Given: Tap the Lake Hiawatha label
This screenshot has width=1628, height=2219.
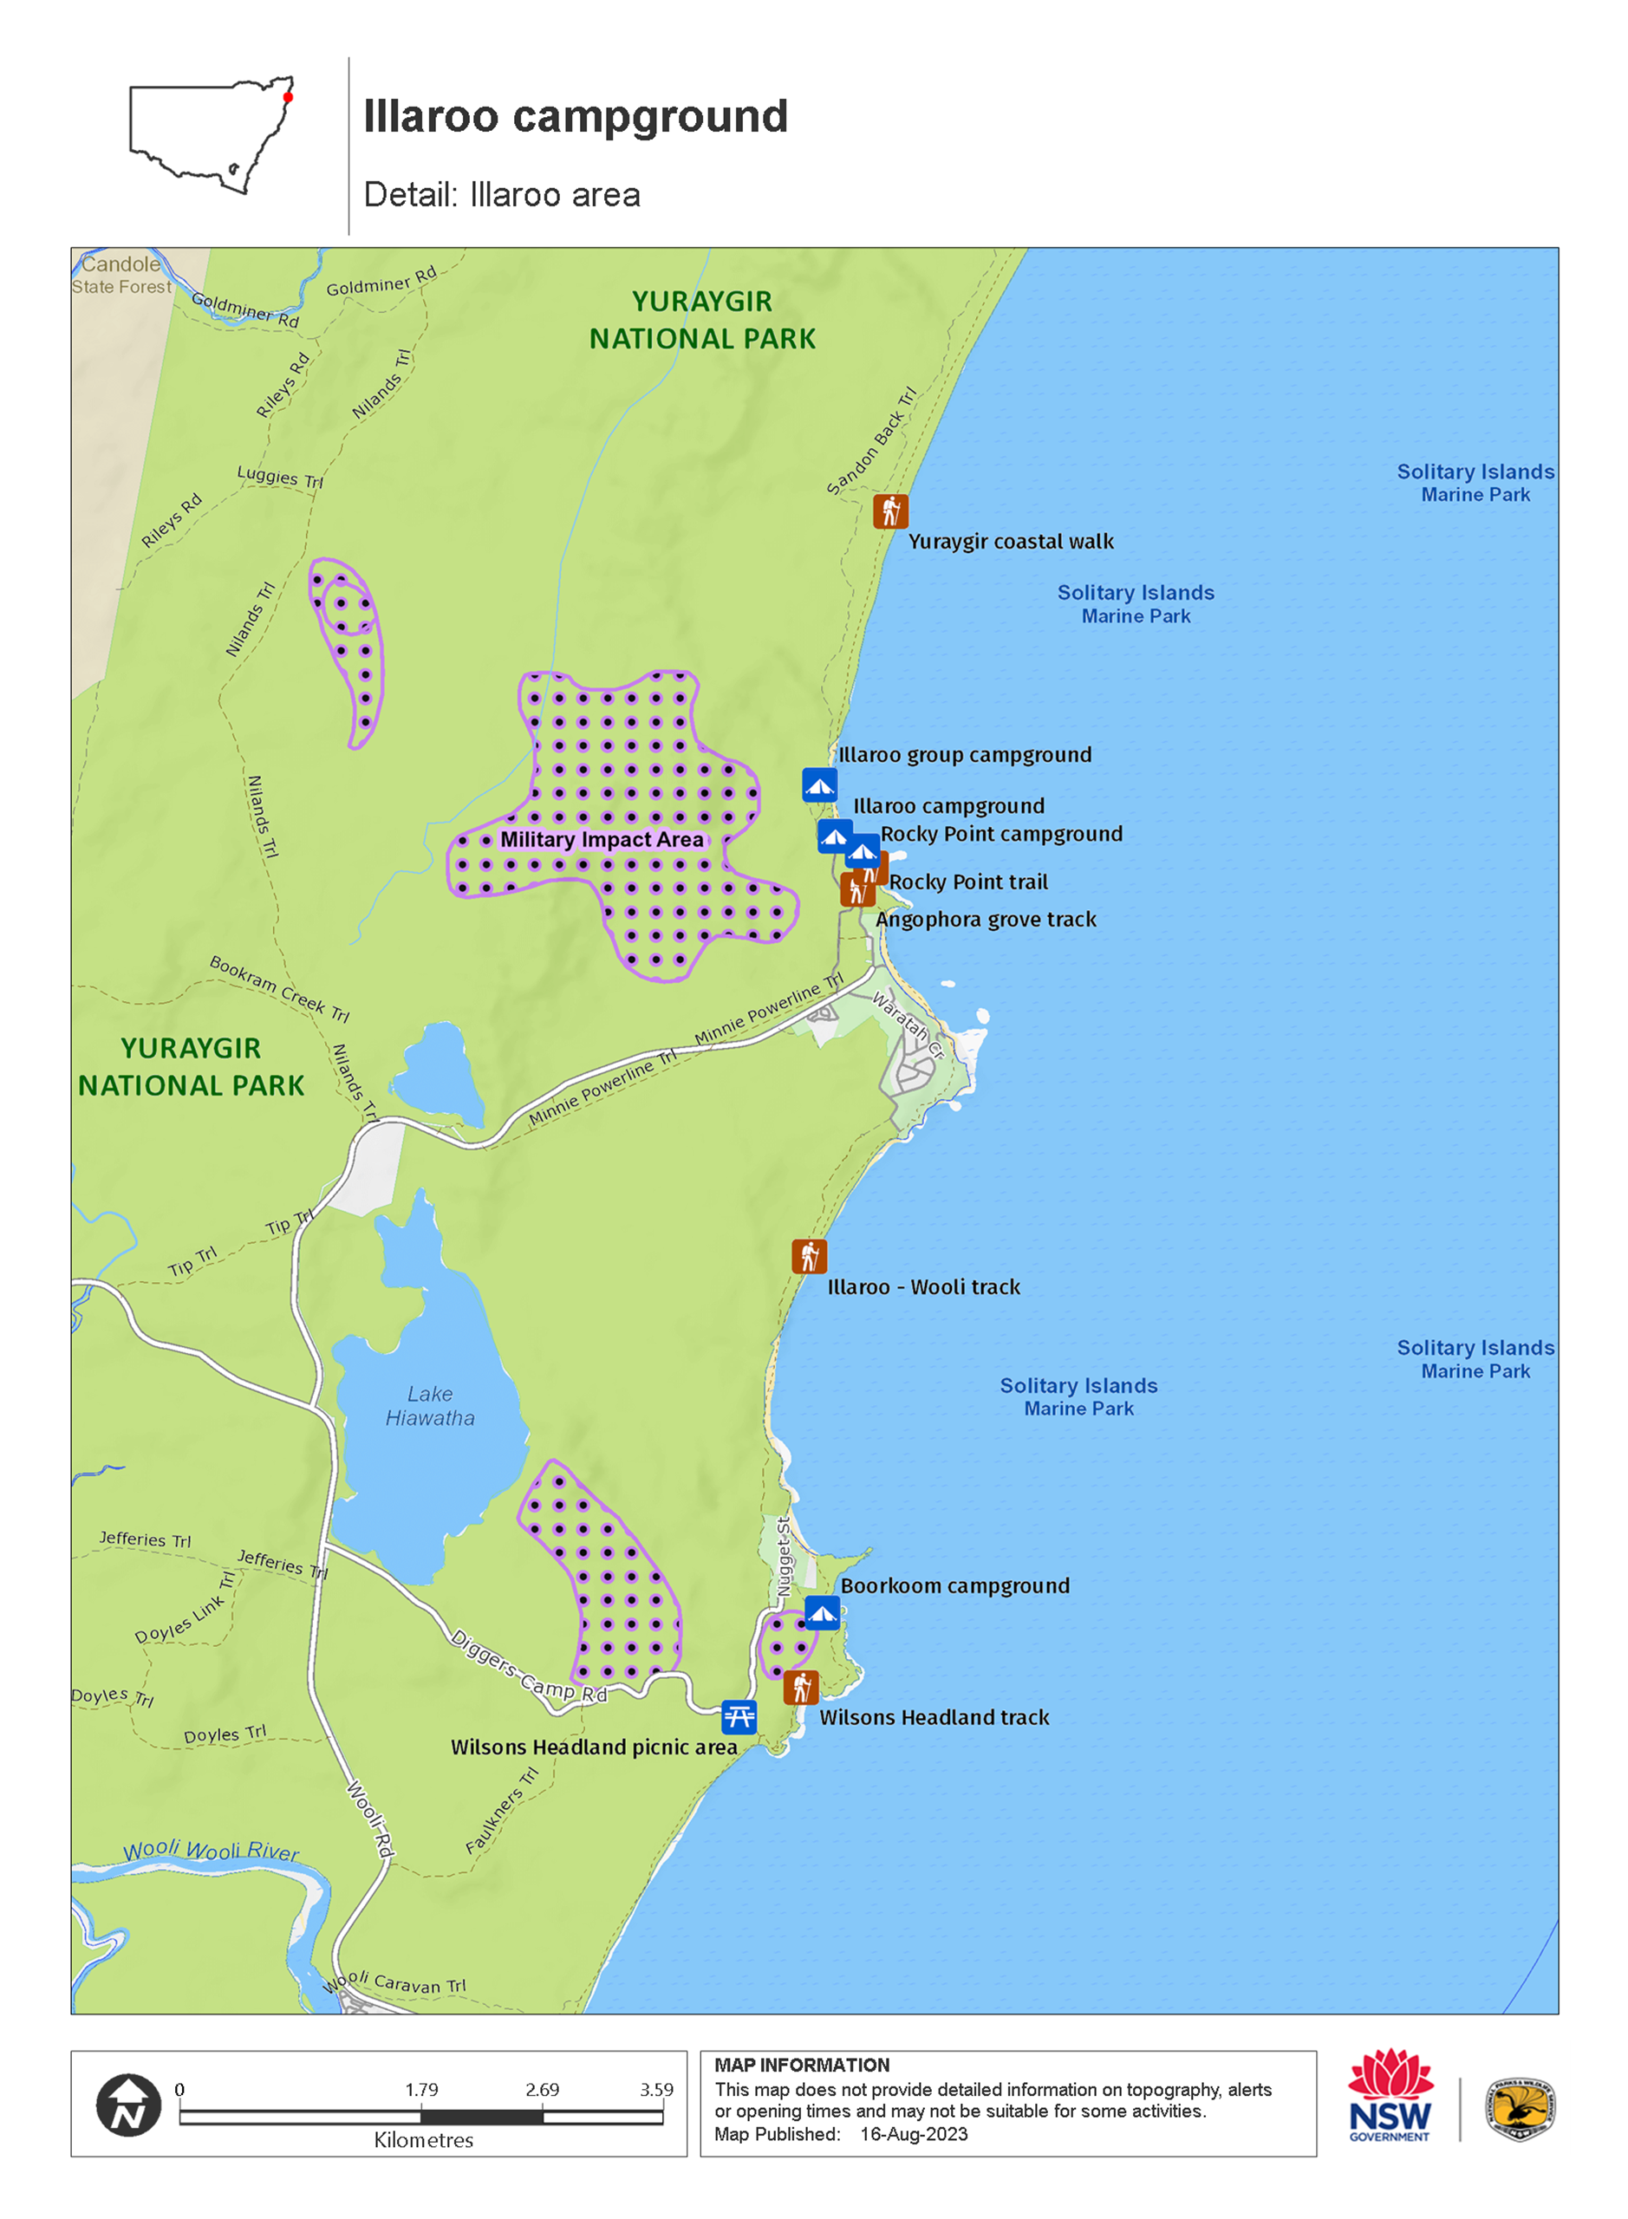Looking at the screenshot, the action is coord(430,1406).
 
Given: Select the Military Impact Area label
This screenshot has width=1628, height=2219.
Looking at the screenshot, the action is coord(602,840).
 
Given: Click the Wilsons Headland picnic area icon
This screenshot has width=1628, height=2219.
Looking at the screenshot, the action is coord(739,1717).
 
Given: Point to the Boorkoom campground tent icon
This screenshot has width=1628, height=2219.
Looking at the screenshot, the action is coord(822,1613).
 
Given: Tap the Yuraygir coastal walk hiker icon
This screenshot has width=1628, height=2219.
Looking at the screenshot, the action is coord(891,511).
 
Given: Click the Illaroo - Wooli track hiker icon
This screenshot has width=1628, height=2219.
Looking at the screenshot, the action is coord(809,1256).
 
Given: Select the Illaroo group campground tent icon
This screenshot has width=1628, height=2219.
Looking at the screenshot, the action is coord(819,785).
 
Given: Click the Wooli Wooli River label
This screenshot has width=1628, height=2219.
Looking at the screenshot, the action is coord(211,1851).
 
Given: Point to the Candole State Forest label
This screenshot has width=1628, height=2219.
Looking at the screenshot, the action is coord(121,275).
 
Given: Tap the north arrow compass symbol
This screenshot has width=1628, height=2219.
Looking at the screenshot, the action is coord(129,2105).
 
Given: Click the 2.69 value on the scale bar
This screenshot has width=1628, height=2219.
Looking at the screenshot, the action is coord(542,2090).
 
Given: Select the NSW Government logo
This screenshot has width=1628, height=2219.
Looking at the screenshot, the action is coord(1390,2095).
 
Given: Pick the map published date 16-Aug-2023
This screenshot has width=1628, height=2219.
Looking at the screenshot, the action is coord(914,2134).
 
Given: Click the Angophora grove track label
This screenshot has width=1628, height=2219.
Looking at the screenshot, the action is coord(986,921).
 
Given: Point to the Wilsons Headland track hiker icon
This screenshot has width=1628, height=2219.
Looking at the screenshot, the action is coord(801,1688).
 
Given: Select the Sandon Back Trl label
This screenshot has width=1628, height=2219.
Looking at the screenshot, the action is coord(871,441).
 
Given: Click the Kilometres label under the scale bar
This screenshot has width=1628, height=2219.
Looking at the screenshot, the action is coord(424,2140).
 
